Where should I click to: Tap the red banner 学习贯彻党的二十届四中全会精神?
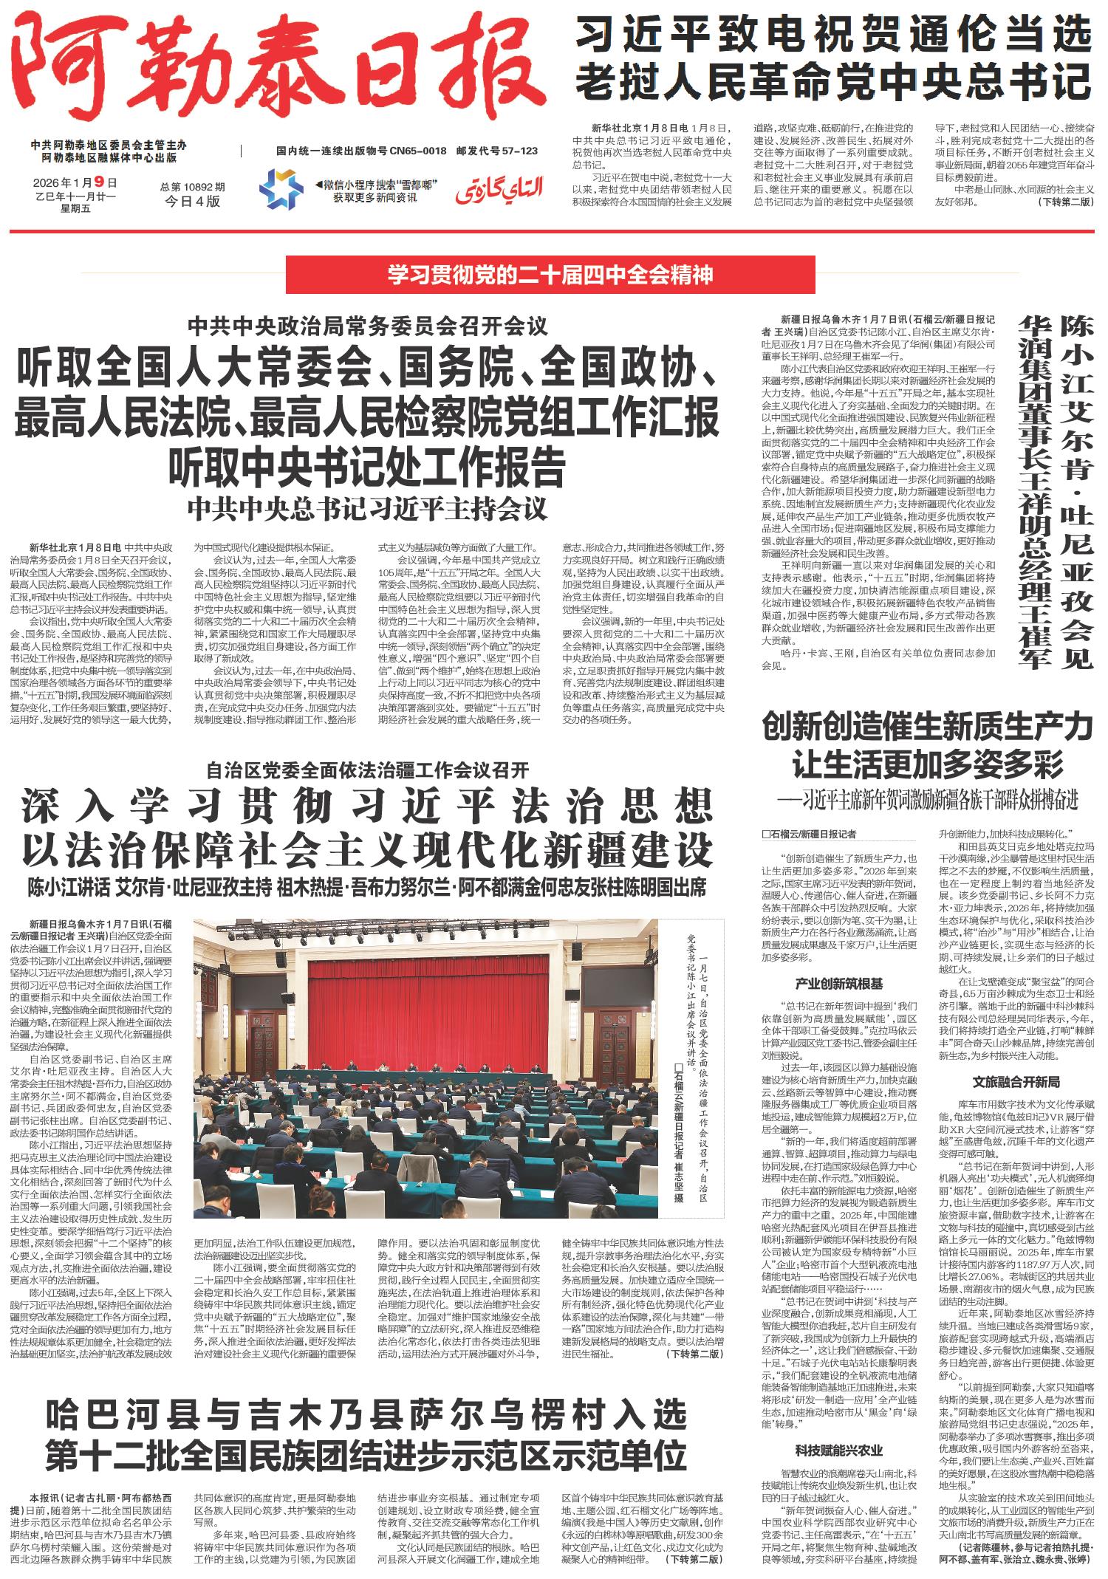pyautogui.click(x=551, y=275)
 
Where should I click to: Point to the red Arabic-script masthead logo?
pyautogui.click(x=500, y=191)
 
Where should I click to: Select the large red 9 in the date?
pyautogui.click(x=112, y=182)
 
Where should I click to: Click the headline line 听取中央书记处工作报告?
pyautogui.click(x=366, y=465)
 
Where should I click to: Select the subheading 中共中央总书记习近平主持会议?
pyautogui.click(x=366, y=509)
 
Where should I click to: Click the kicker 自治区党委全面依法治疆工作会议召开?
pyautogui.click(x=367, y=770)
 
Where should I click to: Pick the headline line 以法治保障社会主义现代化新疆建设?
pyautogui.click(x=366, y=849)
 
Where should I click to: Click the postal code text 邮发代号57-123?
pyautogui.click(x=497, y=151)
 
